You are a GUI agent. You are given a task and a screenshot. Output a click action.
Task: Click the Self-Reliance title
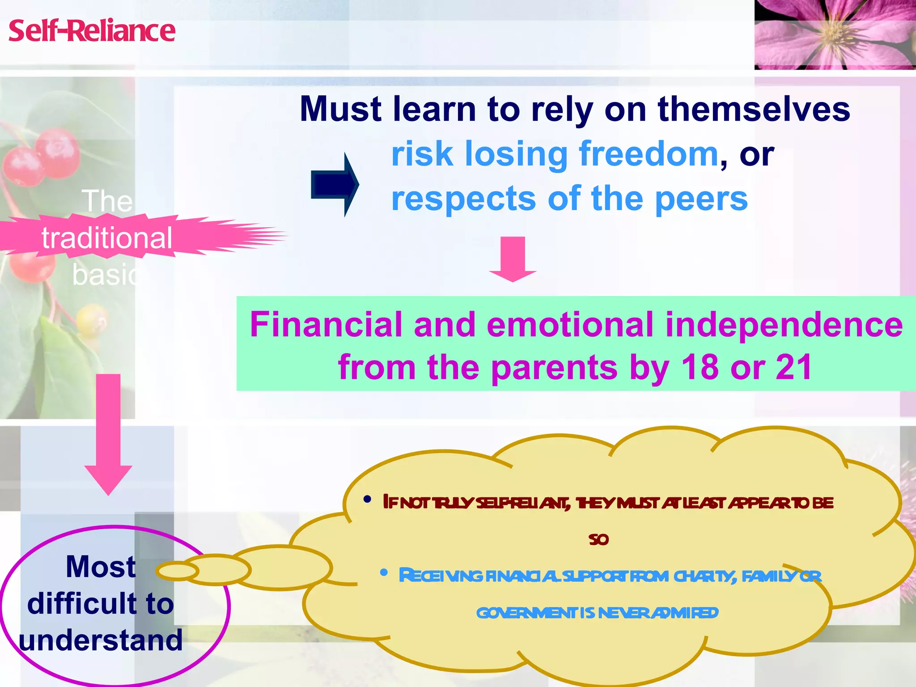pos(92,31)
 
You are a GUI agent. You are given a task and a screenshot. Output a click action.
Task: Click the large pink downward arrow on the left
pos(108,434)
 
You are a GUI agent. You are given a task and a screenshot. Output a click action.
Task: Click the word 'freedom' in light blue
pos(649,154)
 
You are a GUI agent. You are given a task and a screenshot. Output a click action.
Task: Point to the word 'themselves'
pos(754,109)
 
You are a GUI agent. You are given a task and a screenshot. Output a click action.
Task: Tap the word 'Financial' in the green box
pos(326,325)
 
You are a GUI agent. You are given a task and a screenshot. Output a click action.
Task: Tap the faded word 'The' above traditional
pos(107,201)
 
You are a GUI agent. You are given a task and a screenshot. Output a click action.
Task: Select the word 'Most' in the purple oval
pos(101,567)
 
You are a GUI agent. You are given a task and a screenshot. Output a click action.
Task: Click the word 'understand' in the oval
pos(101,640)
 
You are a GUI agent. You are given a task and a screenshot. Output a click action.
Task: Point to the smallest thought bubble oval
pos(177,571)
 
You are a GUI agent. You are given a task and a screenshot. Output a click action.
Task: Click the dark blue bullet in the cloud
pos(367,500)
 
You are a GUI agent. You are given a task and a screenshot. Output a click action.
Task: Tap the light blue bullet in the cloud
pos(383,572)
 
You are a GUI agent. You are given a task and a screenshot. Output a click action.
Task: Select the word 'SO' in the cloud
pos(598,540)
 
